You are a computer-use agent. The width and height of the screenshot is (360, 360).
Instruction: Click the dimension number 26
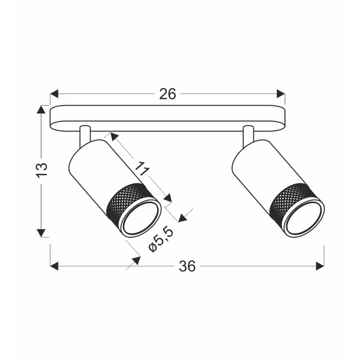pos(167,94)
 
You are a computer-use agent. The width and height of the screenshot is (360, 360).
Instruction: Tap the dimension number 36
pos(187,266)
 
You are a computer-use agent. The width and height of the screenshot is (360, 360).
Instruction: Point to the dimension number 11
pos(141,169)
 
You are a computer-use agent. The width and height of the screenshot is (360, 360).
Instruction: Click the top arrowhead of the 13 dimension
pos(41,110)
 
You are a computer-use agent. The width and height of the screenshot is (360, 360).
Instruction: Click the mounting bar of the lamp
pos(167,118)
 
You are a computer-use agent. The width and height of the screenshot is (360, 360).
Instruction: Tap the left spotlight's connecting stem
pos(85,136)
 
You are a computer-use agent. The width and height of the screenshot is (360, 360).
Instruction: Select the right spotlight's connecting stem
pos(248,136)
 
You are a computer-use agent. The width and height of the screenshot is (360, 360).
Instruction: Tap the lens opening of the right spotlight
pos(304,217)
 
